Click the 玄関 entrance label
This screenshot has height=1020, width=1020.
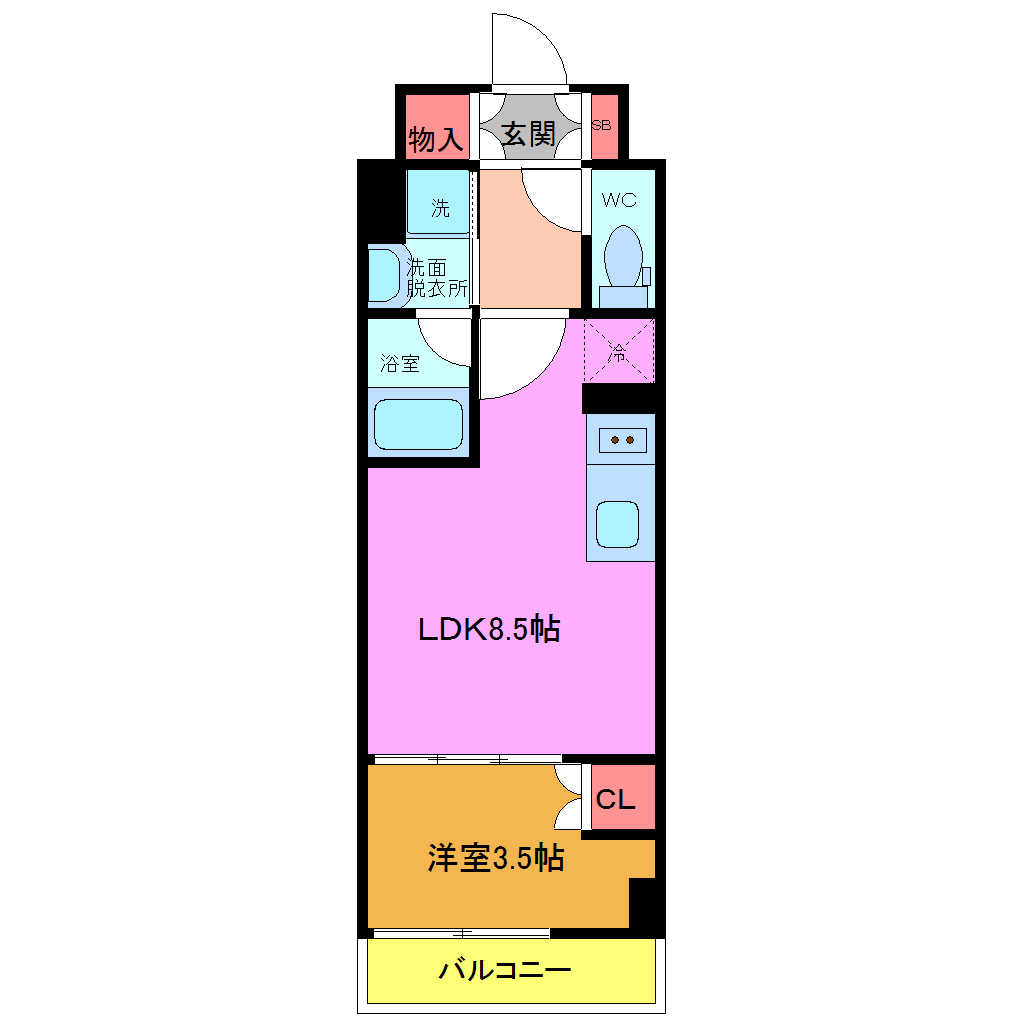pos(528,134)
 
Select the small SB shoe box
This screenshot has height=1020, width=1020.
pos(602,126)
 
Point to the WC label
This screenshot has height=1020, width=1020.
pos(619,199)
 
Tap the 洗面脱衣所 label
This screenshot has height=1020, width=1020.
pos(437,279)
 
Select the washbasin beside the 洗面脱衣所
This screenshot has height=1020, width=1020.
pos(384,274)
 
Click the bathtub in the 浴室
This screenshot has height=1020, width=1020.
pos(419,425)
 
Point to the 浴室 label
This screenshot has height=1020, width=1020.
pos(400,363)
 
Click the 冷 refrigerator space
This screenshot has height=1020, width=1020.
pos(619,351)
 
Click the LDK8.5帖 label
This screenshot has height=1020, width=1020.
pos(488,629)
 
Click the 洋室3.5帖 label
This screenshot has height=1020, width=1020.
pos(496,857)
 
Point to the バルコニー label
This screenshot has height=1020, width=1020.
pos(505,969)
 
